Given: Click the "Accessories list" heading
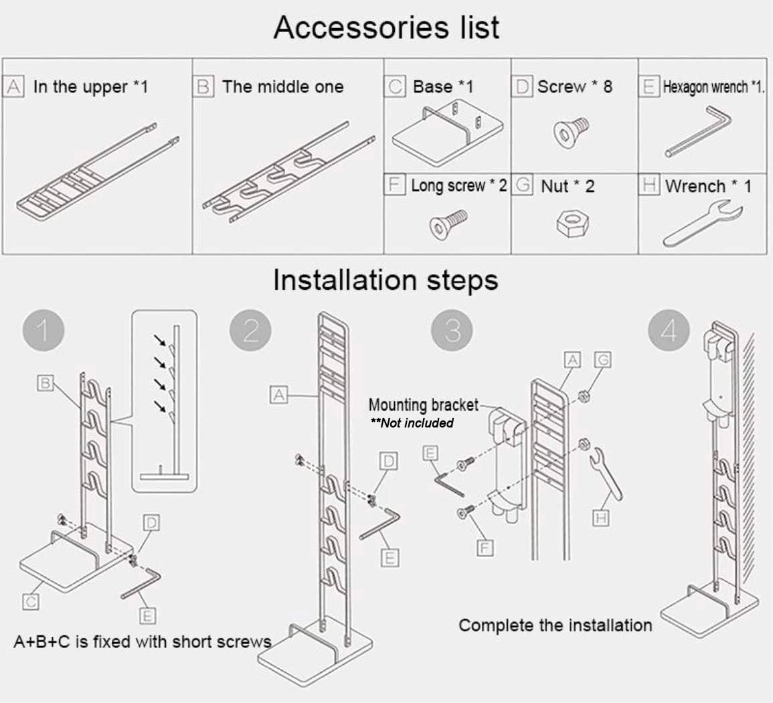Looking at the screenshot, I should click(x=386, y=28).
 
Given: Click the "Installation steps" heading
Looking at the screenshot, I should click(x=385, y=280).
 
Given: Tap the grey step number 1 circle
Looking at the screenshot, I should click(x=43, y=331).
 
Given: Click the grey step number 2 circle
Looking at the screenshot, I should click(x=250, y=331).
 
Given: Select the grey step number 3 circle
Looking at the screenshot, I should click(x=452, y=331).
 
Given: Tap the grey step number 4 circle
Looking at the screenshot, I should click(x=669, y=331).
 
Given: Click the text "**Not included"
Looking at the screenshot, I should click(x=412, y=423).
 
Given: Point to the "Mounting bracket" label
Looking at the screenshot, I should click(x=423, y=405).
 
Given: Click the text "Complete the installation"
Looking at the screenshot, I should click(x=555, y=625).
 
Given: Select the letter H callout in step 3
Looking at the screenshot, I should click(x=600, y=518).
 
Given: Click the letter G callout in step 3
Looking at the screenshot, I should click(x=602, y=361).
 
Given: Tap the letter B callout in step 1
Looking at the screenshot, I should click(x=46, y=383).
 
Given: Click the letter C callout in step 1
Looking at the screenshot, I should click(x=30, y=602).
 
